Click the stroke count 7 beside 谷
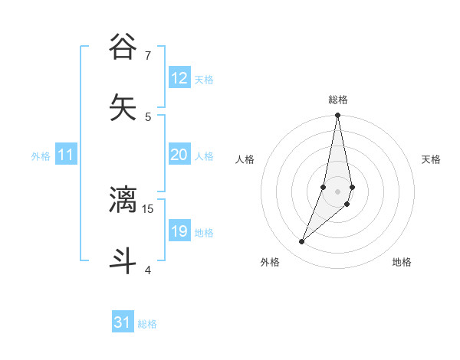coord(148,55)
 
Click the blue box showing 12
coord(179,78)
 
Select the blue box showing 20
coord(179,155)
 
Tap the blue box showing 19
coord(179,231)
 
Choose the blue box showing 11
coord(66,155)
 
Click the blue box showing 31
coord(123,322)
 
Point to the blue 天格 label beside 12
coord(204,80)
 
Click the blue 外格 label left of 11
coord(41,156)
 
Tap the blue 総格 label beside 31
coord(147,324)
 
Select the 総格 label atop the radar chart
coord(338,100)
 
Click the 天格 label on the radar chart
coord(431,159)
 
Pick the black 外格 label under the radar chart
coord(270,262)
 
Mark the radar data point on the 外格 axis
coord(302,241)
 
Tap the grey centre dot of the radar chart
coord(338,191)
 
